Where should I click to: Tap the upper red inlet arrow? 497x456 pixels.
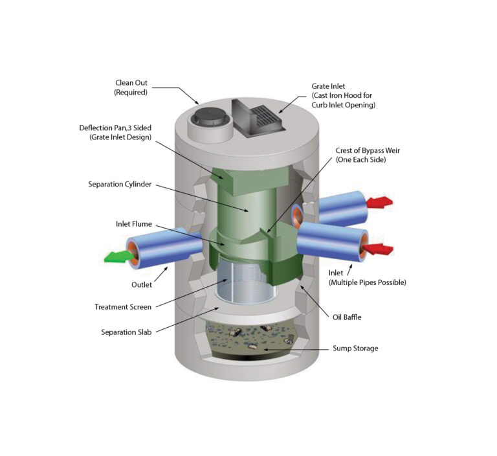coord(379,202)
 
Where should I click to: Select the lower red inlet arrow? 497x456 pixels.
coord(378,249)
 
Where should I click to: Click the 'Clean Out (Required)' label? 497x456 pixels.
coord(131,87)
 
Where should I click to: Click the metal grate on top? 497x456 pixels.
coord(264,117)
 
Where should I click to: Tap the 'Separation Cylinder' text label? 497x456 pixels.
coord(120,184)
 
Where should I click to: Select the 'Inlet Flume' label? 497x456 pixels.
coord(134,224)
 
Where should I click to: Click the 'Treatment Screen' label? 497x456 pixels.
coord(123,307)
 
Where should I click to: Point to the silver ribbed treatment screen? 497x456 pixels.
coord(244,282)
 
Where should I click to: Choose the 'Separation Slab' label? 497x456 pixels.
coord(126,332)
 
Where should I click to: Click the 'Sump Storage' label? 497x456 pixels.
coord(355,348)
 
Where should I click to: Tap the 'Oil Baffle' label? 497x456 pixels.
coord(347,317)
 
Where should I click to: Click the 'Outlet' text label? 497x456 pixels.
coord(142,284)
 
